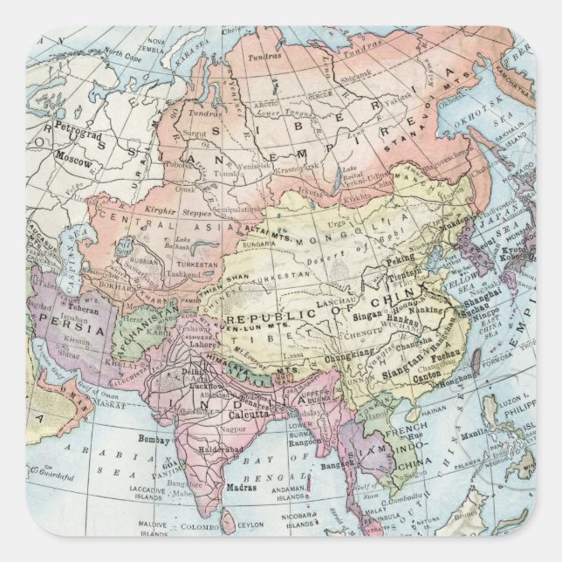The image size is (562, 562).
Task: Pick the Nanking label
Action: click(x=430, y=309)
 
